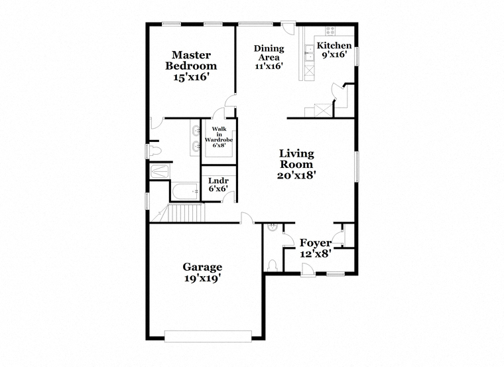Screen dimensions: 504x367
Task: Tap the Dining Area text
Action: (x=269, y=52)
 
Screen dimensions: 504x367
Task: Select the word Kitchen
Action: (x=334, y=45)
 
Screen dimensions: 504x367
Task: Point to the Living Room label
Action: (x=296, y=159)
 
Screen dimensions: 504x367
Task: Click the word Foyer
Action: (x=316, y=242)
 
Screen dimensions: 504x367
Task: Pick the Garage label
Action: (x=202, y=267)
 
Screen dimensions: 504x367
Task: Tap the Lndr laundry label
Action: (x=218, y=181)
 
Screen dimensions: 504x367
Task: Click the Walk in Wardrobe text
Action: (x=219, y=135)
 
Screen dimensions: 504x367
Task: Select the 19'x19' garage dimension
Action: (x=202, y=278)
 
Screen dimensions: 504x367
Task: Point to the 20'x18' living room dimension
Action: (x=296, y=175)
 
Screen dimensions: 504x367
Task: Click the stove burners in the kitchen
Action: (x=330, y=31)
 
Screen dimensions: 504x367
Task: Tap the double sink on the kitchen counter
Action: (x=310, y=53)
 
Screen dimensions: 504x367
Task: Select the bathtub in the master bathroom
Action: (x=186, y=191)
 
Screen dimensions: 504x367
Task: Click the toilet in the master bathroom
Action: (x=155, y=151)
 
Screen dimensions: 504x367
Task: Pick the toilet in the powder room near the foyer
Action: (x=273, y=265)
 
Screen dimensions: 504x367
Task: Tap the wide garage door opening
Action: (x=208, y=336)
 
